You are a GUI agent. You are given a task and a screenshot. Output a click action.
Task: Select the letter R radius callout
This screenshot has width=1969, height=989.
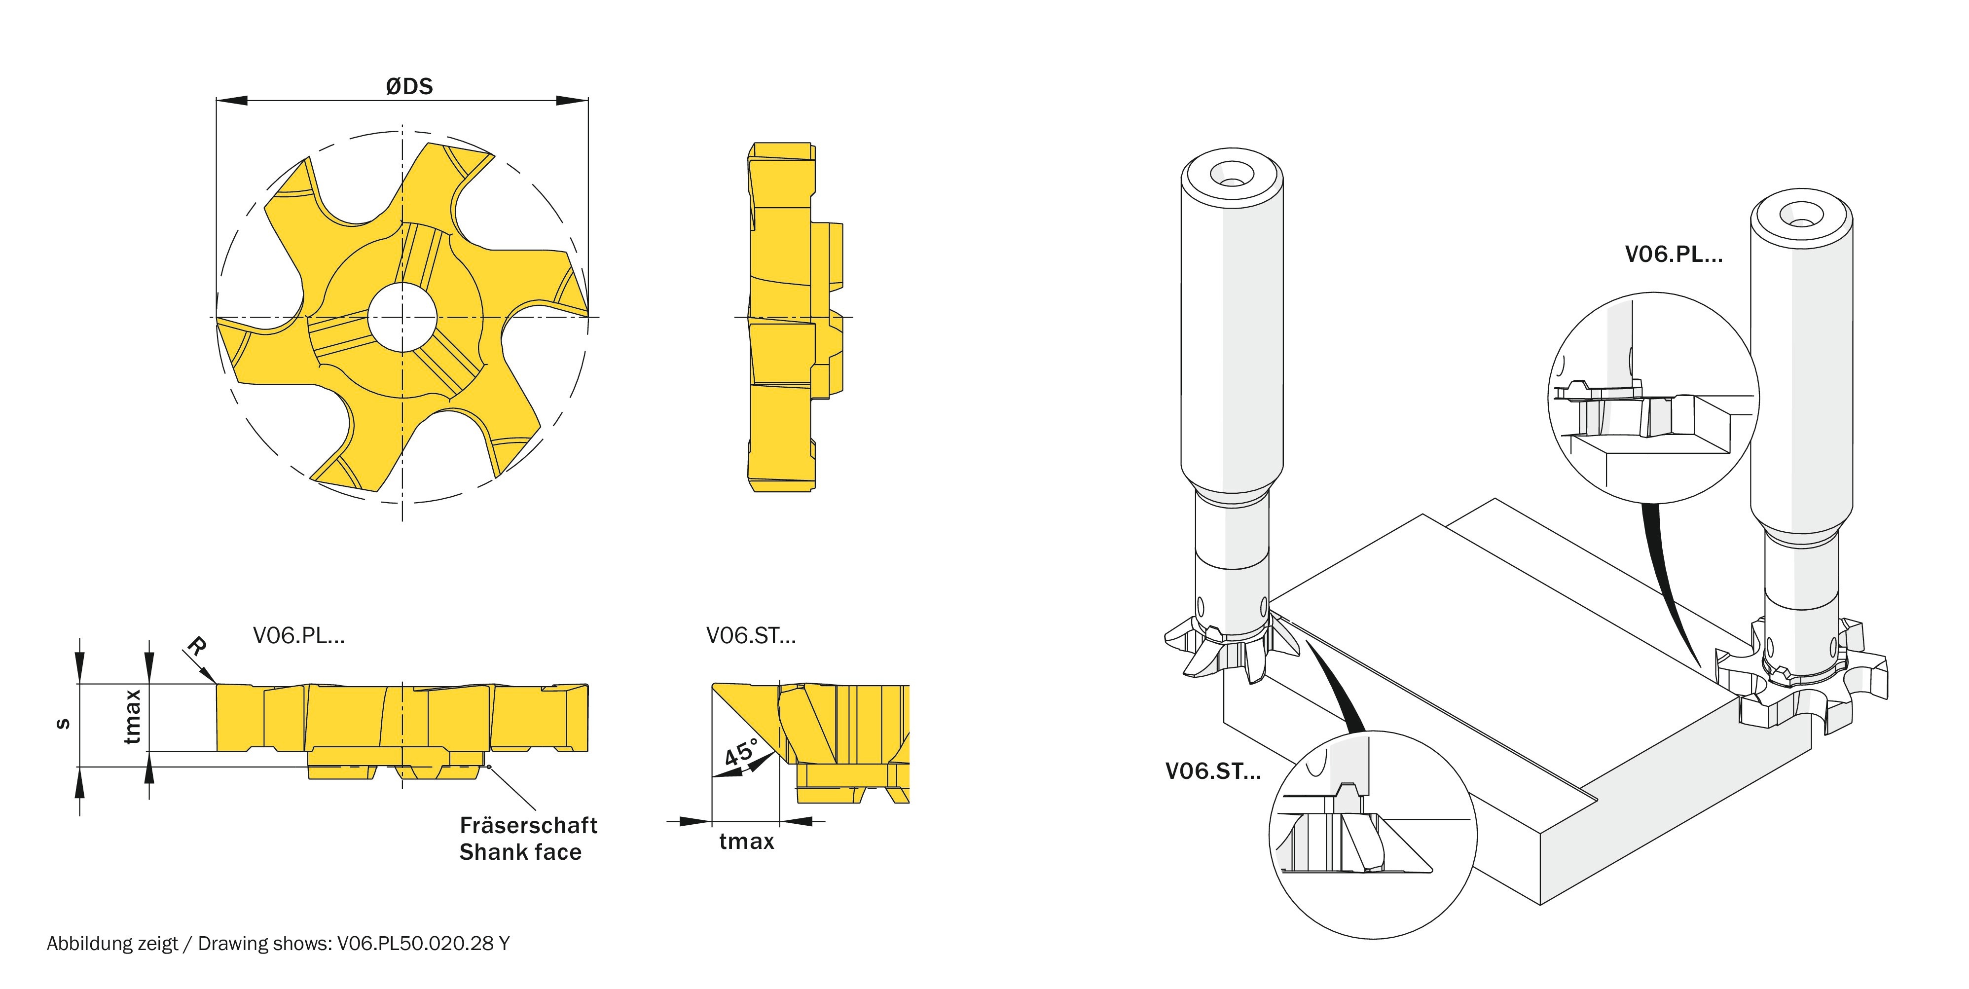tap(196, 647)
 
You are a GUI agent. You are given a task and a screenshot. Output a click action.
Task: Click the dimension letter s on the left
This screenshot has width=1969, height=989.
tap(64, 724)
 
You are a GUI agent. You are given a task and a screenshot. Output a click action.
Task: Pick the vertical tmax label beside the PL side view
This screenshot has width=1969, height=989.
tap(133, 716)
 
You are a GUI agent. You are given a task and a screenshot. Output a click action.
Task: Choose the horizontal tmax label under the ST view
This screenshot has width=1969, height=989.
tap(746, 842)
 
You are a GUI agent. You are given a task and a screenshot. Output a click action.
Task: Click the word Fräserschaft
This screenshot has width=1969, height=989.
tap(528, 825)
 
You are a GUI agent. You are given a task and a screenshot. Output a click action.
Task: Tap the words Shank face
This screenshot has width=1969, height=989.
tap(520, 852)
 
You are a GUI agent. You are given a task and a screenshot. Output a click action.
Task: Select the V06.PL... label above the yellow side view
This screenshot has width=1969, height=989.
tap(299, 635)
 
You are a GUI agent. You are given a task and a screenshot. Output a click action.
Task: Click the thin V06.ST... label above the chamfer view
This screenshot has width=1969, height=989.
tap(751, 635)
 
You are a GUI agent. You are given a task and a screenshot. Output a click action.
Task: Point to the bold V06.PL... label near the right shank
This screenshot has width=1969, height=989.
tap(1673, 255)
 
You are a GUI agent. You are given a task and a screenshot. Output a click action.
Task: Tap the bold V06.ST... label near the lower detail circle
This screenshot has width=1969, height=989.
tap(1212, 771)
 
